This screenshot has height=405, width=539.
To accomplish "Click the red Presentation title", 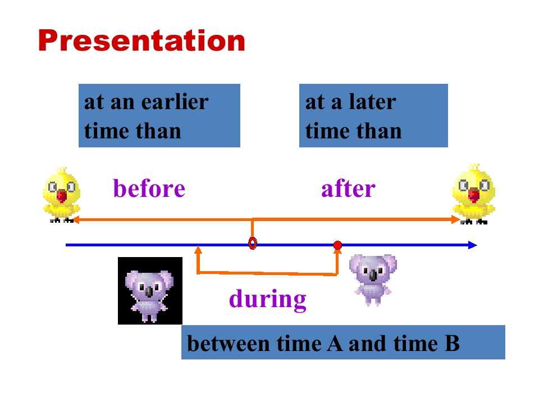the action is pos(141,40).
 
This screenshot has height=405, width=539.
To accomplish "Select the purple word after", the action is pos(348,188).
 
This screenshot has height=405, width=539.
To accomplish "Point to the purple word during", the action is pos(268,299).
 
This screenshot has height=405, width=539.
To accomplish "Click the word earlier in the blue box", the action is pos(175,102).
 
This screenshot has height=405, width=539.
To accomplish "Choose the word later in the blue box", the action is pos(372,102).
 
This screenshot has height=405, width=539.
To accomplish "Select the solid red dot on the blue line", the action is pos(337,245).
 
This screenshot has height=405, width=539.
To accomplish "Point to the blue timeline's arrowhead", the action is pos(473,245).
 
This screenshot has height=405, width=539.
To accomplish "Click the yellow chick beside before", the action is pos(62,195).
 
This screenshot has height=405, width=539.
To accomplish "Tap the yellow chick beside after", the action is pos(474,194).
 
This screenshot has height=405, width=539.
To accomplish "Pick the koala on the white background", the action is pos(373,280).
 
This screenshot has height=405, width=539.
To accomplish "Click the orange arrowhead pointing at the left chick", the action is pos(76,220).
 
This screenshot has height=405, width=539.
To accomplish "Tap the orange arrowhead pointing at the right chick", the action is pos(456,219).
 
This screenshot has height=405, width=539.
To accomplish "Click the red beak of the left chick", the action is pos(62,196).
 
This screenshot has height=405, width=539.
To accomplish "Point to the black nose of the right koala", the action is pos(373,275).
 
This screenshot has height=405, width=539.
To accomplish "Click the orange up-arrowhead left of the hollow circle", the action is pos(198,250).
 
